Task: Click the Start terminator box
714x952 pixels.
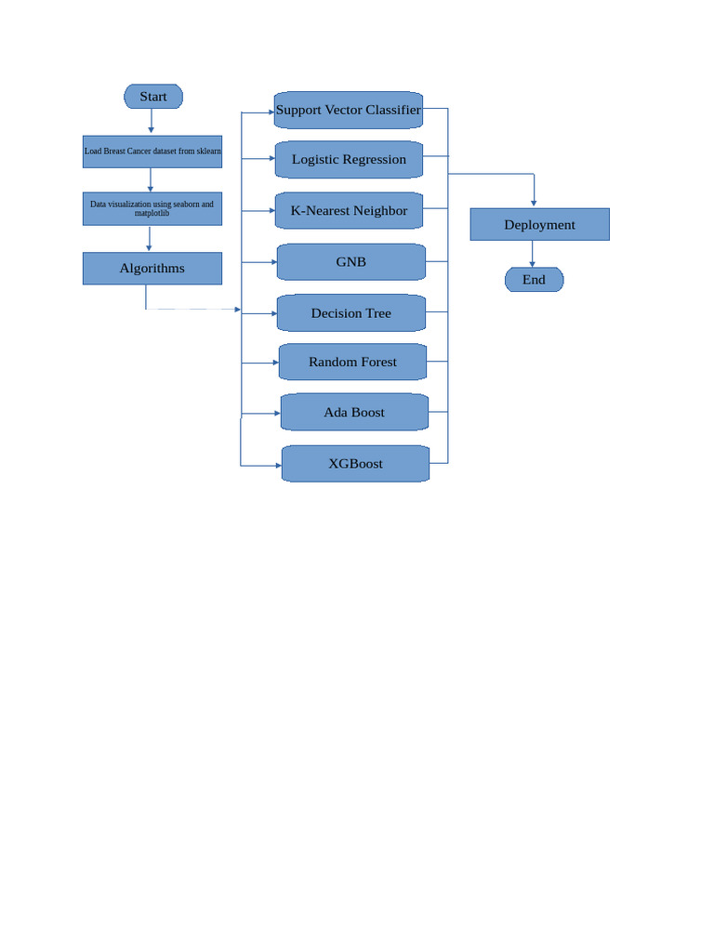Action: [x=153, y=97]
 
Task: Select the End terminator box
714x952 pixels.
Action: [x=534, y=280]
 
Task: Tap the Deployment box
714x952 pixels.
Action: [x=539, y=224]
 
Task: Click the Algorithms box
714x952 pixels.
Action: [x=152, y=269]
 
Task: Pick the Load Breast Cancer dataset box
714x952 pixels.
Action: [x=152, y=152]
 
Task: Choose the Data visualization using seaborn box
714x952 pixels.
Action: [x=152, y=208]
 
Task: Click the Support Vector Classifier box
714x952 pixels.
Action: [x=349, y=110]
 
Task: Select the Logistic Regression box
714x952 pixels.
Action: [x=349, y=159]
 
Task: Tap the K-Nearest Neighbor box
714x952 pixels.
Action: [x=349, y=210]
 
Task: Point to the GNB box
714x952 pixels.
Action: [x=350, y=262]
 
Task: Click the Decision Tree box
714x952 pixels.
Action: [x=350, y=313]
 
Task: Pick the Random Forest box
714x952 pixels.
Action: [x=352, y=362]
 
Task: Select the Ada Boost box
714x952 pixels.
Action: [x=354, y=412]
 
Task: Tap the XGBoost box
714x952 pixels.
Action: [x=355, y=463]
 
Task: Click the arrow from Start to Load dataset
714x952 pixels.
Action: [x=151, y=121]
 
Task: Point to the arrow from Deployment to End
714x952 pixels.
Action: [x=532, y=253]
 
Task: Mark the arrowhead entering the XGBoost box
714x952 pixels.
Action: [x=278, y=465]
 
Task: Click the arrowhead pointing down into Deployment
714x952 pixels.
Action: [x=534, y=203]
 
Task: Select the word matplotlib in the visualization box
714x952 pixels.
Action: [x=152, y=214]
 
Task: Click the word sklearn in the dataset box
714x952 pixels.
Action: [x=209, y=152]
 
